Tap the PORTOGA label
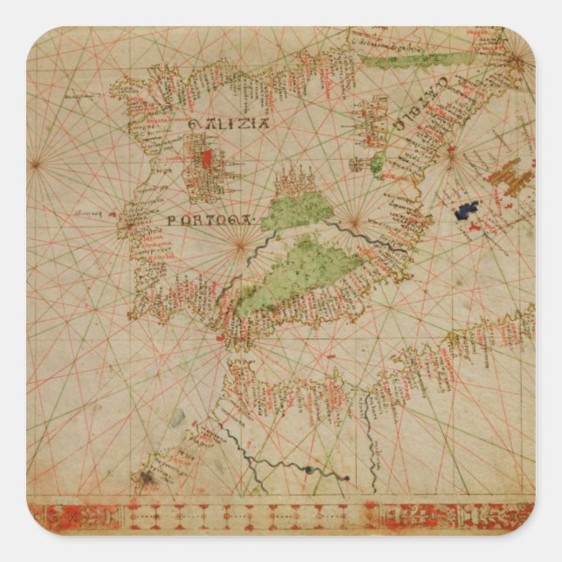pos(207,222)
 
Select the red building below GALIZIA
pos(207,160)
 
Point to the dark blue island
pos(467,210)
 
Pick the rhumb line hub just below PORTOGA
pos(238,245)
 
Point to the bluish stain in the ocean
pos(177,419)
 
